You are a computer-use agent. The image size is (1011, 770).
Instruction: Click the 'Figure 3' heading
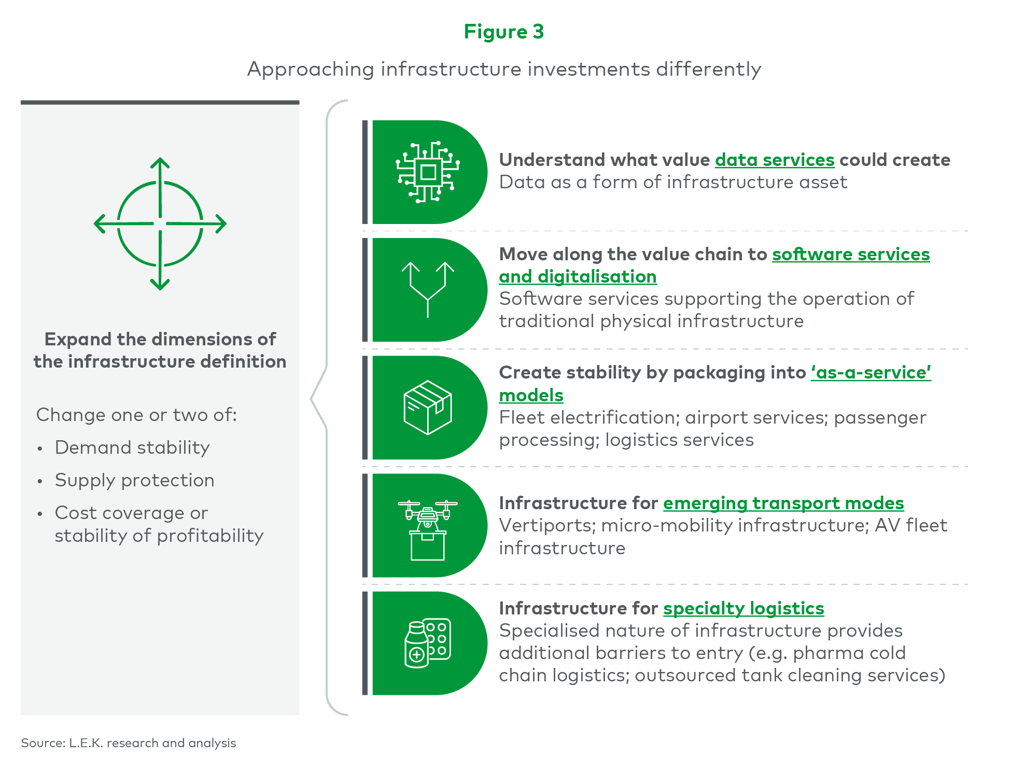[504, 32]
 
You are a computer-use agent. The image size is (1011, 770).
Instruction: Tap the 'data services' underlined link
[775, 160]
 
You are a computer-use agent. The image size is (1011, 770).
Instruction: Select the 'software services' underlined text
[851, 254]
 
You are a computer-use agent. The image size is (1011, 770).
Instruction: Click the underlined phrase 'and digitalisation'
[578, 276]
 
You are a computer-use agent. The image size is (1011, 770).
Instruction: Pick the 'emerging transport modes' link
[783, 503]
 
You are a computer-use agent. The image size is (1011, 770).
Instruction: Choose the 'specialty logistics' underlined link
[743, 608]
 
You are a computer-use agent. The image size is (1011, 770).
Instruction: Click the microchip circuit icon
[428, 172]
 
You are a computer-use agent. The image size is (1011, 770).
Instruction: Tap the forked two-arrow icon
[428, 289]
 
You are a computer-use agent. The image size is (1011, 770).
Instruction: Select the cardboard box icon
[428, 408]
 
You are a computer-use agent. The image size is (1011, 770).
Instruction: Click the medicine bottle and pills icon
[428, 643]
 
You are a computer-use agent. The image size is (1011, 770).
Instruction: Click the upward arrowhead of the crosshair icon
[160, 163]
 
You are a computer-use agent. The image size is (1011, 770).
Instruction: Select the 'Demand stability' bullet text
[132, 447]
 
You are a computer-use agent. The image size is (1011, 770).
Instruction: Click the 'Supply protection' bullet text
[134, 480]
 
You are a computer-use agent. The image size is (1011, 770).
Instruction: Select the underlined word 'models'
[531, 395]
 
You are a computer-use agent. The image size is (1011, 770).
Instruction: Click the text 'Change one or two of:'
[136, 415]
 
